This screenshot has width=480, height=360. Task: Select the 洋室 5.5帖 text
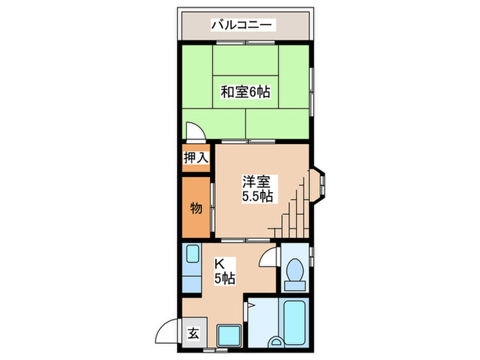257,189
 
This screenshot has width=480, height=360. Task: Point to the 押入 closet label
195,158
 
